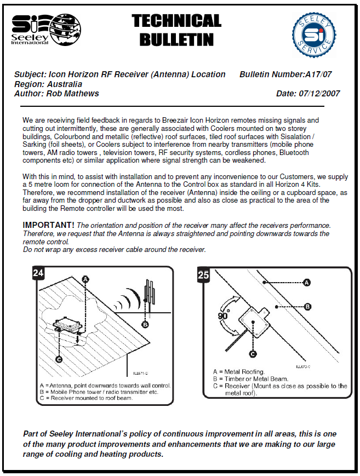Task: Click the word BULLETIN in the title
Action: [176, 39]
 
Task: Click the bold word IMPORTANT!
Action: [48, 225]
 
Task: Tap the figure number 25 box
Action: [203, 275]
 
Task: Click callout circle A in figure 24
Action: [85, 279]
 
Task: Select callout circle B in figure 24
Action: [145, 324]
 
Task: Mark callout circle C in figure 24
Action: [59, 359]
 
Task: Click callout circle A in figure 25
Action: [307, 282]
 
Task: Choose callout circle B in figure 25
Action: [308, 306]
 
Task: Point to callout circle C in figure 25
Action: [253, 354]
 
